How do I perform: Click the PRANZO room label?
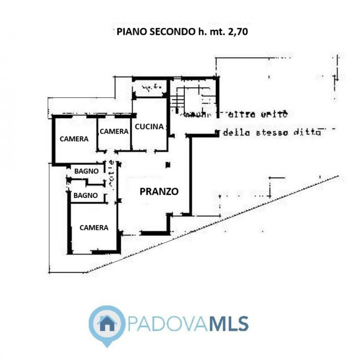pyautogui.click(x=159, y=191)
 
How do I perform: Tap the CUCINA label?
pyautogui.click(x=149, y=127)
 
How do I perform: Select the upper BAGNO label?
pyautogui.click(x=87, y=171)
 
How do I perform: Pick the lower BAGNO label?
pyautogui.click(x=86, y=195)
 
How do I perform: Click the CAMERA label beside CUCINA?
pyautogui.click(x=114, y=131)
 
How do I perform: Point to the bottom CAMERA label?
pyautogui.click(x=94, y=228)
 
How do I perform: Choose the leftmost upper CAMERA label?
pyautogui.click(x=74, y=139)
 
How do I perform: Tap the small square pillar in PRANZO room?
pyautogui.click(x=168, y=165)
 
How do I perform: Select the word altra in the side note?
pyautogui.click(x=242, y=115)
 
